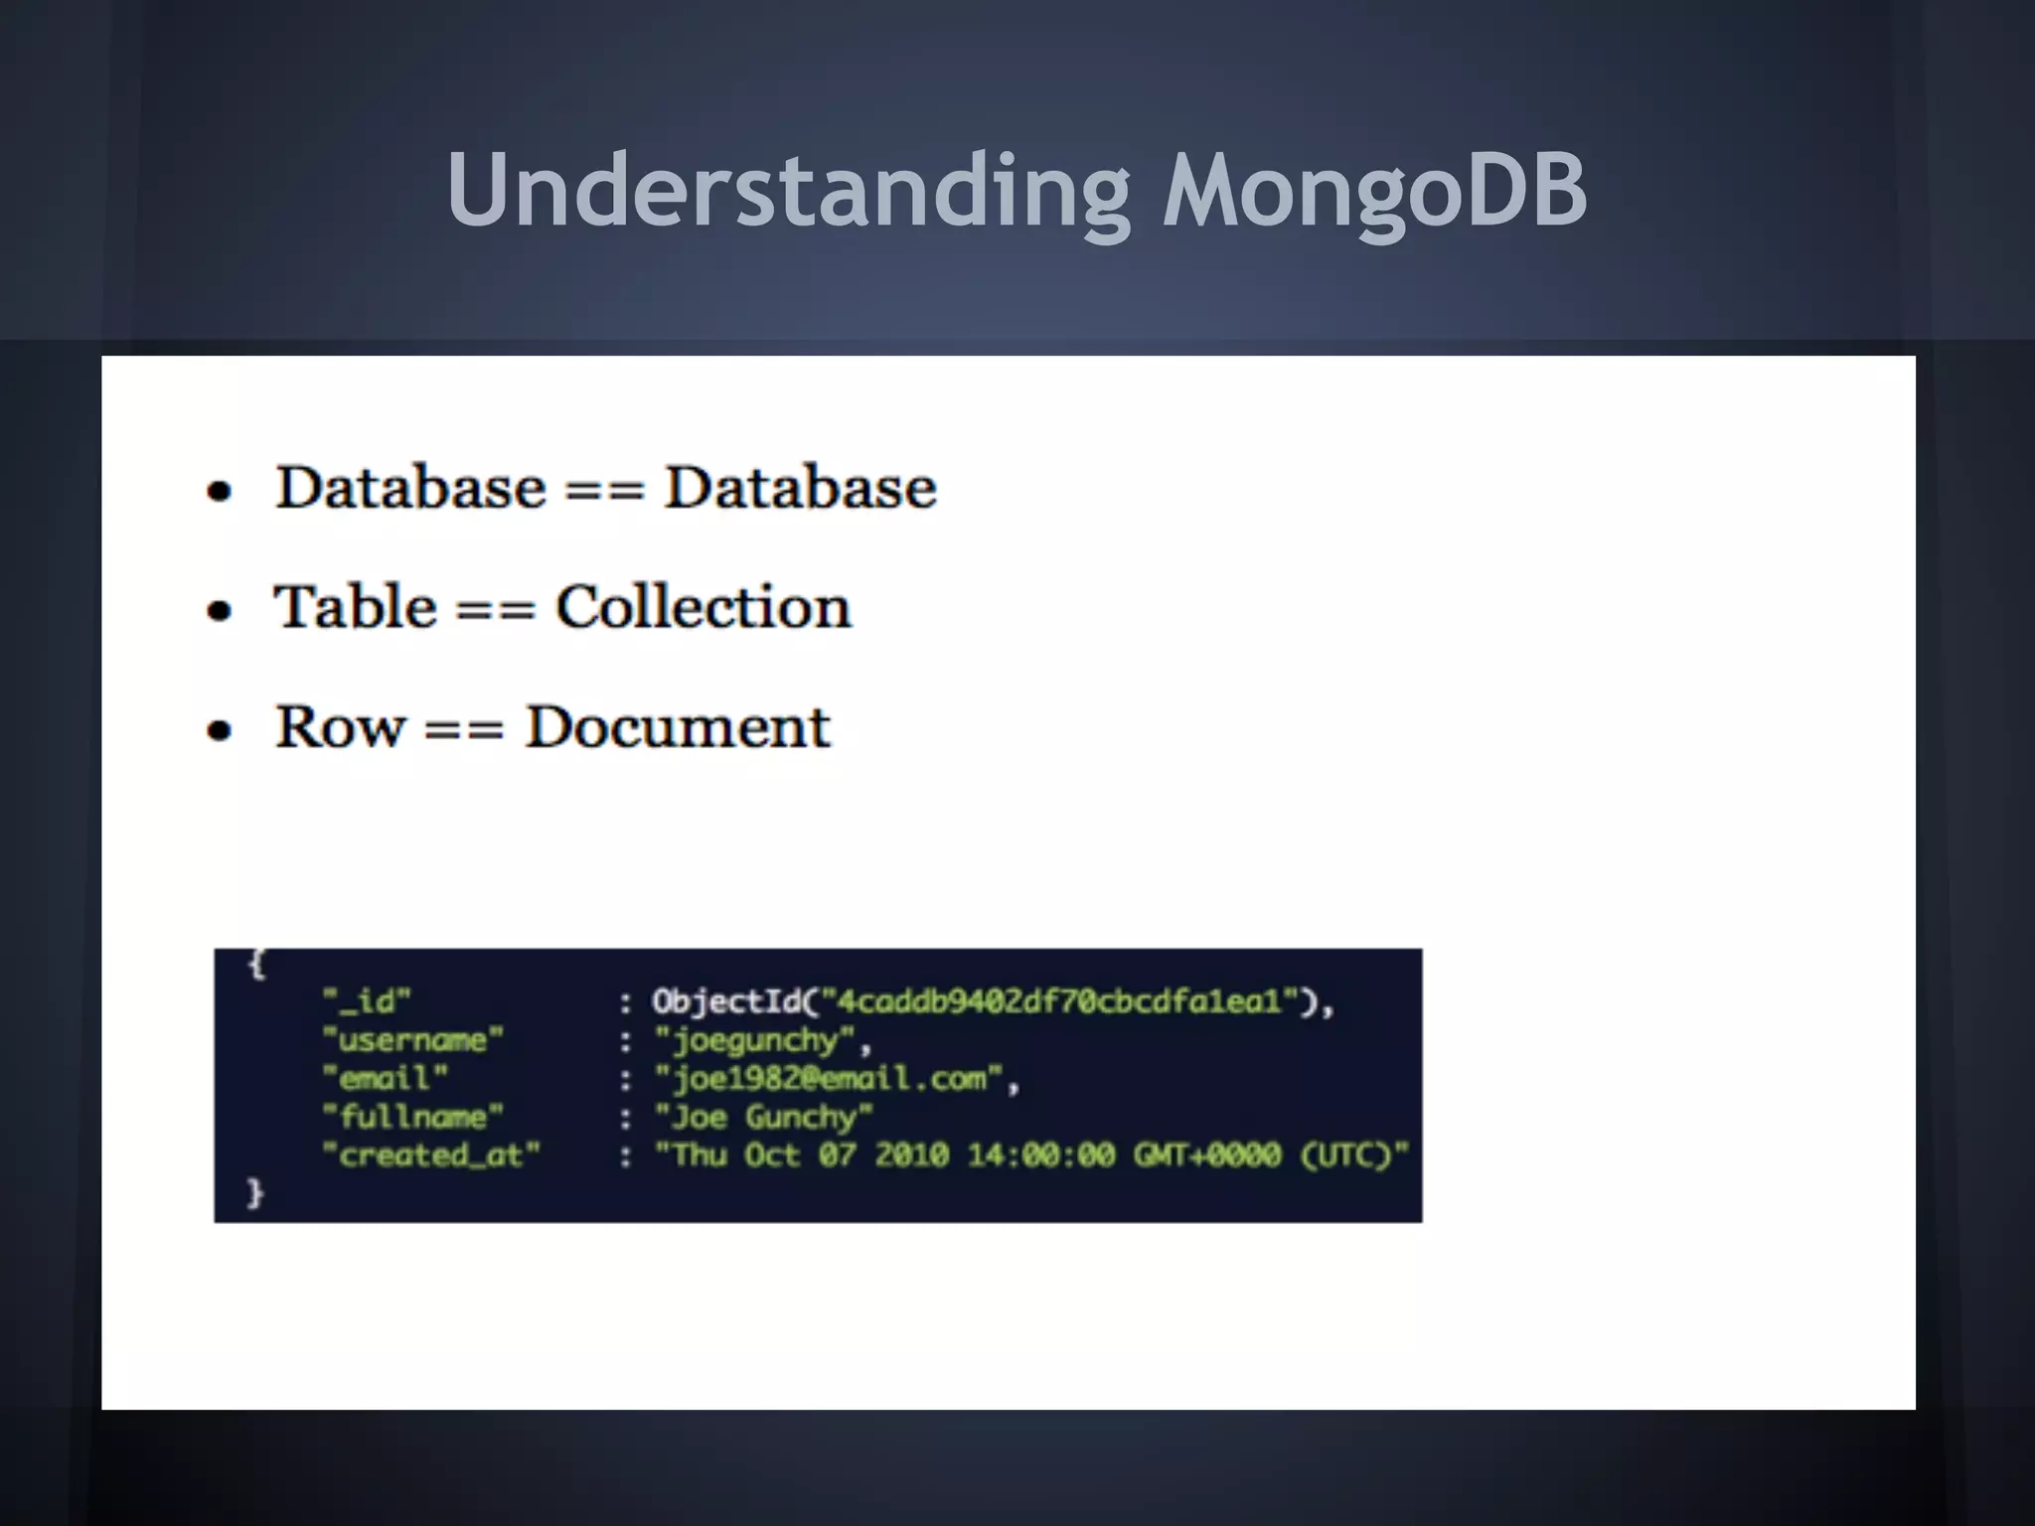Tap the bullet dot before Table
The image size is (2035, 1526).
click(x=219, y=610)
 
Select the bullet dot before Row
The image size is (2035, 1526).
click(x=219, y=730)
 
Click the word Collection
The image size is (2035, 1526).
click(x=703, y=607)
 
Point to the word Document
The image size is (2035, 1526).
click(x=677, y=727)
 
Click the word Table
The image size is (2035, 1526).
click(x=355, y=607)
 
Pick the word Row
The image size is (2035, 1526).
click(x=340, y=727)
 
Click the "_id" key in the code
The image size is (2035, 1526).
click(x=367, y=1000)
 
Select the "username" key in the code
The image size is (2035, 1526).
click(x=412, y=1040)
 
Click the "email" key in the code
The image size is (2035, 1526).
click(x=385, y=1078)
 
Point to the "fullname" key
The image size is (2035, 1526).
click(x=412, y=1117)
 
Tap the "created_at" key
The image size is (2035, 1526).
click(x=430, y=1155)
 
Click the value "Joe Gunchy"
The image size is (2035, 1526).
click(x=763, y=1117)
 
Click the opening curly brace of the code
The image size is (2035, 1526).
click(x=256, y=964)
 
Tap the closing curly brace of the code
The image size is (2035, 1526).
click(x=254, y=1192)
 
